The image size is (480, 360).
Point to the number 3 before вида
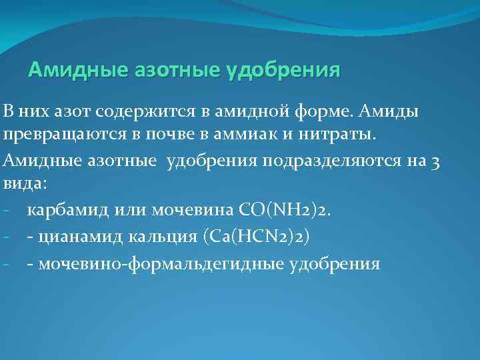tap(434, 161)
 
